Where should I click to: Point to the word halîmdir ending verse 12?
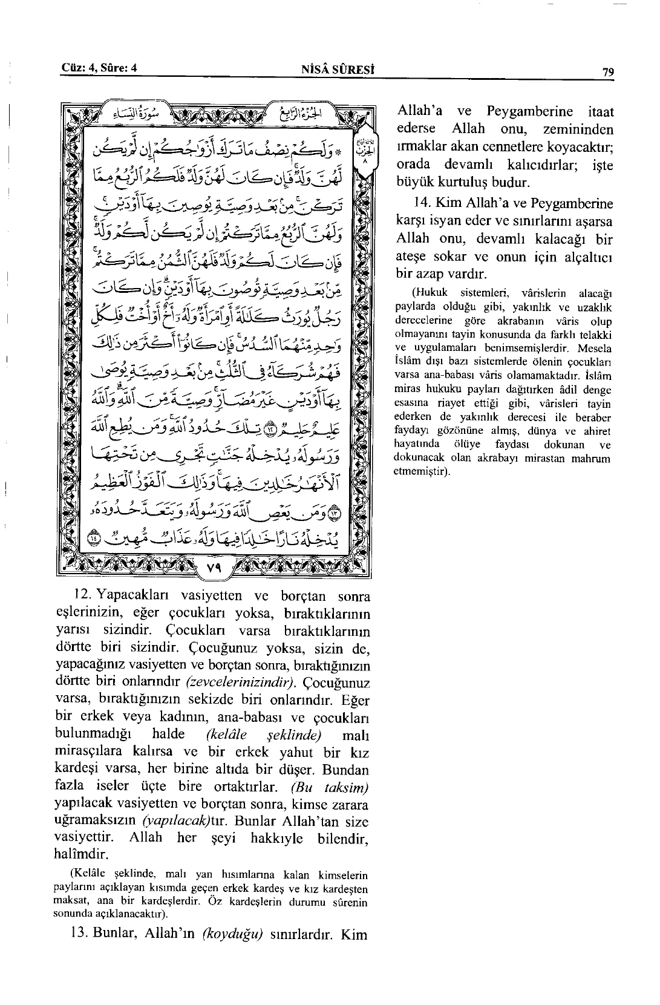[x=80, y=855]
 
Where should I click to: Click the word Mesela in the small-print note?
[x=595, y=349]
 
